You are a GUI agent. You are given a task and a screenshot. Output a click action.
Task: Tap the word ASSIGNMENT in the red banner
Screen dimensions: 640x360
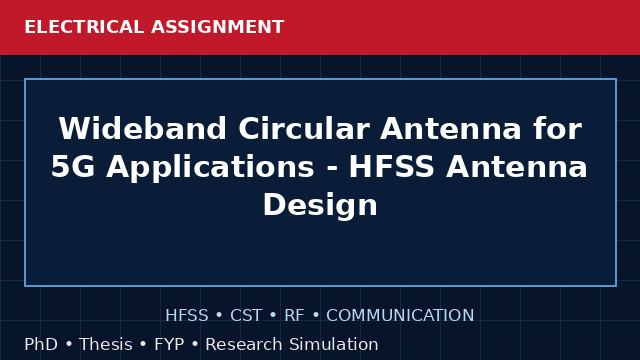pyautogui.click(x=218, y=27)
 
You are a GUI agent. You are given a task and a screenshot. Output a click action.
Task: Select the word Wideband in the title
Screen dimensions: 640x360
pyautogui.click(x=142, y=129)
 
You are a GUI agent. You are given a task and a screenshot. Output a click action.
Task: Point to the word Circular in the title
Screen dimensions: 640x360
pyautogui.click(x=304, y=129)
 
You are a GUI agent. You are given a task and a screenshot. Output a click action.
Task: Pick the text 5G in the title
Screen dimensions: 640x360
pyautogui.click(x=73, y=167)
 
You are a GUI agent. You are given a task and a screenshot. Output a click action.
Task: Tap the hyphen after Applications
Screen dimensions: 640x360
pyautogui.click(x=331, y=169)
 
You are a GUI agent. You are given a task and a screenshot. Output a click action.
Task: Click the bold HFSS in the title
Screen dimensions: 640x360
pyautogui.click(x=391, y=167)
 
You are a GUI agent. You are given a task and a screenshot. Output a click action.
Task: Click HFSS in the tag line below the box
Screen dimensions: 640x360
pyautogui.click(x=187, y=316)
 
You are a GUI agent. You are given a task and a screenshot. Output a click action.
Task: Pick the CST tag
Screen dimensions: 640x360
pyautogui.click(x=246, y=316)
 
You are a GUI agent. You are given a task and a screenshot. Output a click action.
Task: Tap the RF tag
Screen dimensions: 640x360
pyautogui.click(x=294, y=316)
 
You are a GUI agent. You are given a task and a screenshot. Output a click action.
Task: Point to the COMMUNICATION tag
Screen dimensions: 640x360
pyautogui.click(x=400, y=316)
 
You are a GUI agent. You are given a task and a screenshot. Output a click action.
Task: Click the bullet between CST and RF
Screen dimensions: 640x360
pyautogui.click(x=273, y=316)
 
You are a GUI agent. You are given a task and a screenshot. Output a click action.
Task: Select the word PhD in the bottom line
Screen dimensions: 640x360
pyautogui.click(x=41, y=344)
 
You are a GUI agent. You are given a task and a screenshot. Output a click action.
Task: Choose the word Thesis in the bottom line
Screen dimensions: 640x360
pyautogui.click(x=106, y=344)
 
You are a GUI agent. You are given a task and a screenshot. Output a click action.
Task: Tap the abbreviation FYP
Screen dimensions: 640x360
pyautogui.click(x=169, y=344)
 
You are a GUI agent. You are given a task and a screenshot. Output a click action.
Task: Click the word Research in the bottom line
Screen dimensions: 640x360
pyautogui.click(x=244, y=344)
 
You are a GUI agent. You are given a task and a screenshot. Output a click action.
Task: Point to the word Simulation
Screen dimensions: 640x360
pyautogui.click(x=334, y=344)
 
